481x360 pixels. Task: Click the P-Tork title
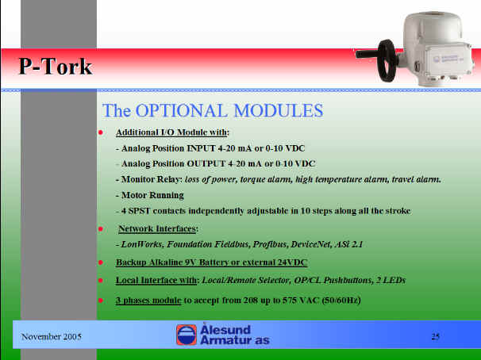point(56,66)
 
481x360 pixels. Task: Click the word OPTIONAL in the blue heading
point(182,110)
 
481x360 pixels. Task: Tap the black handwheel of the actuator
point(387,61)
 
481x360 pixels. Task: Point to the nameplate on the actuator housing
point(450,59)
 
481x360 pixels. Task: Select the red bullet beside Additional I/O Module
point(100,132)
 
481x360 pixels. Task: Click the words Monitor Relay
point(152,179)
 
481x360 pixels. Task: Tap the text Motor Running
point(152,195)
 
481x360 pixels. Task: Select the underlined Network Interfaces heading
point(157,228)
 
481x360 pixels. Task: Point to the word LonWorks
point(143,244)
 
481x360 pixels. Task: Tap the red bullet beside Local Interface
point(100,280)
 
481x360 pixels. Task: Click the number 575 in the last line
point(289,300)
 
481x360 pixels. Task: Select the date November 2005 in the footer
point(52,337)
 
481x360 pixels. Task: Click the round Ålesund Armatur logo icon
point(187,335)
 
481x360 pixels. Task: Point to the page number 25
point(436,337)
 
